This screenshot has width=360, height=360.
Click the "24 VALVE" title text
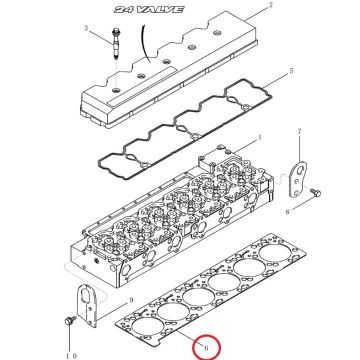pos(149,9)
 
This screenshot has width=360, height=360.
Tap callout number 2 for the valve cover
pos(271,5)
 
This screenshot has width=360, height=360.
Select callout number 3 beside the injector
pos(86,28)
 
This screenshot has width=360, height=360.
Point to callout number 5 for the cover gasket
pos(291,71)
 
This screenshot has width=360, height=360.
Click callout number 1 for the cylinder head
pos(260,137)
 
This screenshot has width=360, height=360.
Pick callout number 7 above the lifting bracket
pos(299,132)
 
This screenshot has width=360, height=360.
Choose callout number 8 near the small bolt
pos(287,211)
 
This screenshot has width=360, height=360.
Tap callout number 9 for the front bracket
pos(131,300)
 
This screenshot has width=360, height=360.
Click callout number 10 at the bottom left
pos(71,356)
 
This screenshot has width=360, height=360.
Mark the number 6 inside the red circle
pos(206,348)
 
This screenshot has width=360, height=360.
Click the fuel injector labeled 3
pos(117,46)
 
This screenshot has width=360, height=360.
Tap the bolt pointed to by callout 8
pos(315,192)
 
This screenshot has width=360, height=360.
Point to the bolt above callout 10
pos(70,321)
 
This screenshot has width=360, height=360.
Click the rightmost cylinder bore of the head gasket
pos(275,253)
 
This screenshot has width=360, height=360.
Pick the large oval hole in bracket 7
pos(300,171)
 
